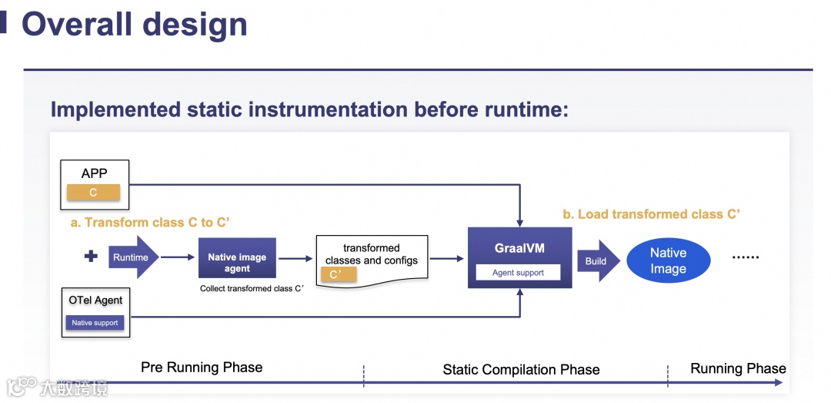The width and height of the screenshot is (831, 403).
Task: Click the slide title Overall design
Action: (x=135, y=24)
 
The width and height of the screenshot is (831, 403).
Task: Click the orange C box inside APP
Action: (x=93, y=193)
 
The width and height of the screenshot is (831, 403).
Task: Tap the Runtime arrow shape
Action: (x=133, y=257)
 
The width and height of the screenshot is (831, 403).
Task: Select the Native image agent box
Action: (x=237, y=257)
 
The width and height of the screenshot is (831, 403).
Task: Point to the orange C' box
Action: (x=337, y=274)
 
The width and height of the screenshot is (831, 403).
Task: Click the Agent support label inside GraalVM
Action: (x=518, y=272)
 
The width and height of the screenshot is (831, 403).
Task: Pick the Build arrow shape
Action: (x=598, y=261)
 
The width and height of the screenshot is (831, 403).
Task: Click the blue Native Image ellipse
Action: (x=668, y=260)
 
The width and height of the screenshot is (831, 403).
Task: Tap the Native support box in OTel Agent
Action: (x=95, y=323)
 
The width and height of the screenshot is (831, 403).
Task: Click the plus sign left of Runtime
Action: (x=91, y=257)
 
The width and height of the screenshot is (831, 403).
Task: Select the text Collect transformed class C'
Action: (x=252, y=289)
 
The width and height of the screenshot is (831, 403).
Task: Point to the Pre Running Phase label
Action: (x=202, y=367)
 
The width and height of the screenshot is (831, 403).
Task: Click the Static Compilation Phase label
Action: (x=521, y=370)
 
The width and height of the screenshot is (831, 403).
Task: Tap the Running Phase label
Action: (x=738, y=368)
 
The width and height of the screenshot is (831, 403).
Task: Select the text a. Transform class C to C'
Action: (x=150, y=223)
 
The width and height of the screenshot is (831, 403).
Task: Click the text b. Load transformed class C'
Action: (x=651, y=214)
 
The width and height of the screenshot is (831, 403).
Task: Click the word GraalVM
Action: (x=519, y=249)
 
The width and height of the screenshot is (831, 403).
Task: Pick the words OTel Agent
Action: (x=95, y=300)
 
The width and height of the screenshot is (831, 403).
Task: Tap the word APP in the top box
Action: (x=95, y=173)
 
